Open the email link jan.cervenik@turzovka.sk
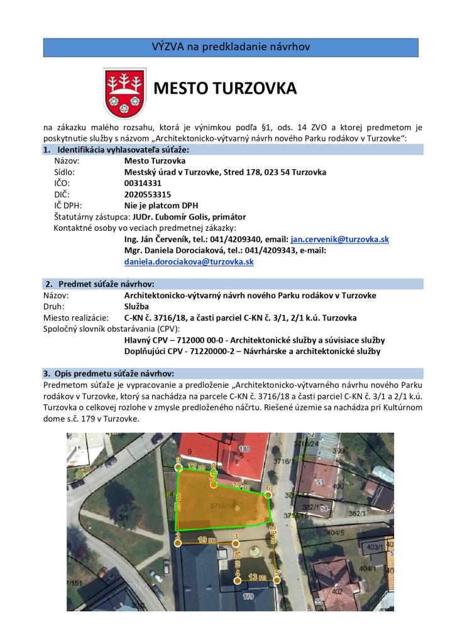340,240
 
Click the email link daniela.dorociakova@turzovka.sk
189,262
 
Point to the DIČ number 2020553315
148,194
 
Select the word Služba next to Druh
138,306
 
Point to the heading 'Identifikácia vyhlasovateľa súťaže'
123,150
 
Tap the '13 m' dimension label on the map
256,577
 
